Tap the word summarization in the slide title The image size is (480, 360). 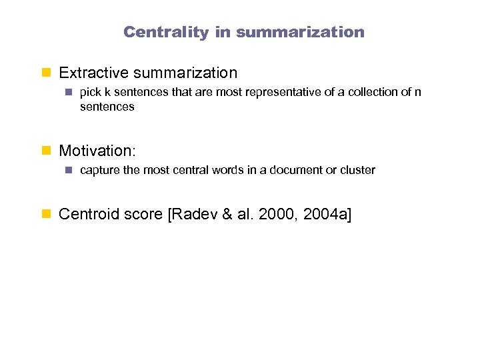(x=300, y=32)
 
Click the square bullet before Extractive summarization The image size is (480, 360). (x=47, y=73)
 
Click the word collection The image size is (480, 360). (x=371, y=92)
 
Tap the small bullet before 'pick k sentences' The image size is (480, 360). (x=68, y=93)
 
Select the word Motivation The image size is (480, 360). (x=95, y=151)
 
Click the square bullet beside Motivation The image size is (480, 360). (x=47, y=151)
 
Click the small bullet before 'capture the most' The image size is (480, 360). (x=68, y=171)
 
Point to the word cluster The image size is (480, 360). (x=357, y=170)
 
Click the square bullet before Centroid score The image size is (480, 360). (x=47, y=215)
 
